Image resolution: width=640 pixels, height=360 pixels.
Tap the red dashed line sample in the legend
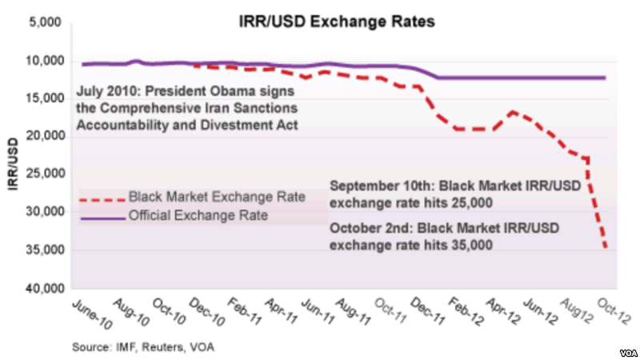(102, 198)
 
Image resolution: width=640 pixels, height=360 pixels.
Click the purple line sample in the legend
(102, 216)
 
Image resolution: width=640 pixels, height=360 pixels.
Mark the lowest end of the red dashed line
(605, 249)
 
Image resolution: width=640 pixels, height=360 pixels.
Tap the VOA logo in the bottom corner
(624, 352)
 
